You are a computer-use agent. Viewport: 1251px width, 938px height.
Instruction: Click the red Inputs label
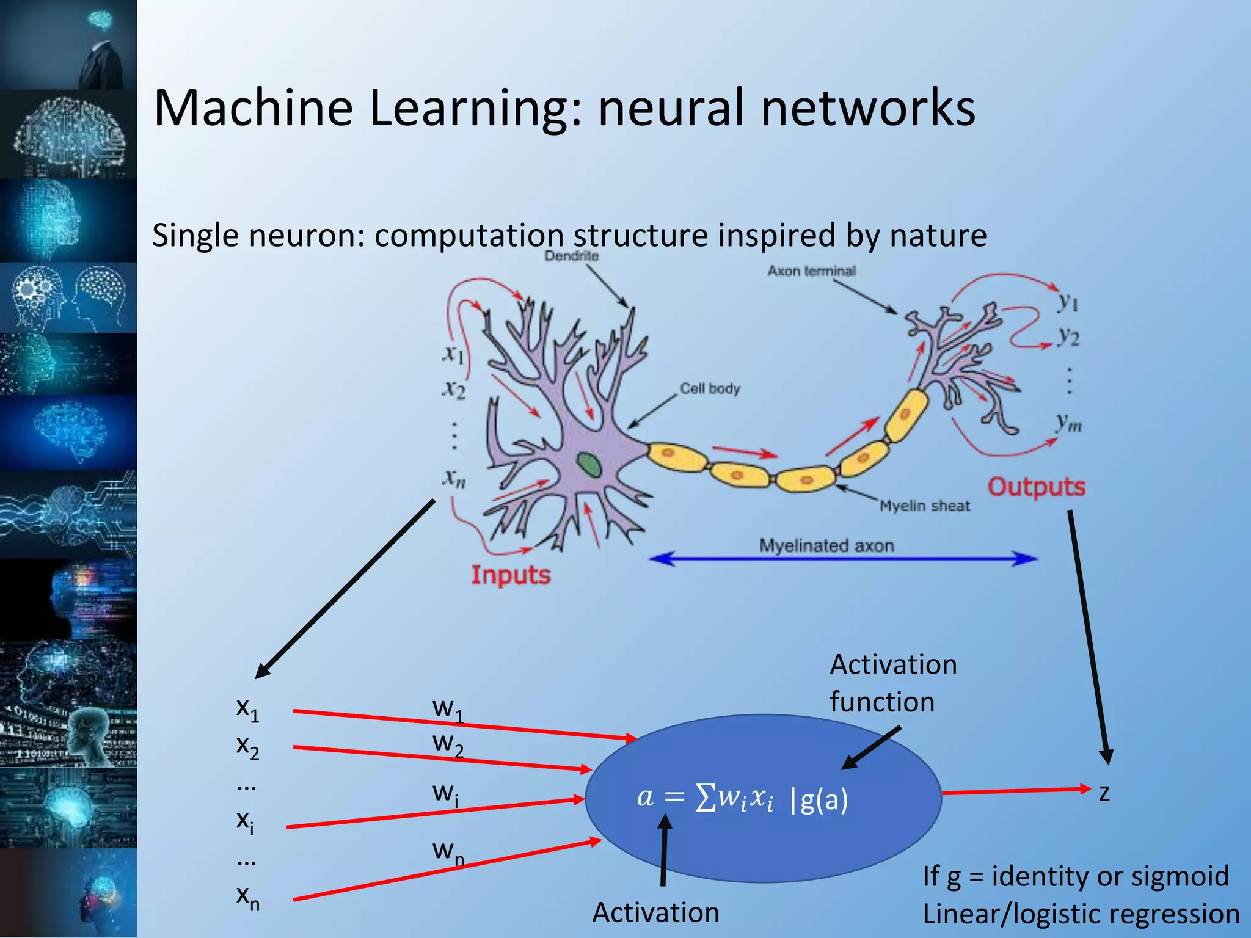click(511, 575)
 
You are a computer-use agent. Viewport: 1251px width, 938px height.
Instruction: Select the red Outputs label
click(1037, 487)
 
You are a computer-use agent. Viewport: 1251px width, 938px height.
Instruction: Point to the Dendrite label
click(571, 256)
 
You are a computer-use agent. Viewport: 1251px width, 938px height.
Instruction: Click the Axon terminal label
click(811, 271)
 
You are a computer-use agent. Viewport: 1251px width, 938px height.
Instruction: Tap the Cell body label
click(710, 388)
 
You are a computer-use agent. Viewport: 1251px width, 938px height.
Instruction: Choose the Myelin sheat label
click(925, 506)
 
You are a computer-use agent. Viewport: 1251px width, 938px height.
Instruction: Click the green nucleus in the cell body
click(589, 465)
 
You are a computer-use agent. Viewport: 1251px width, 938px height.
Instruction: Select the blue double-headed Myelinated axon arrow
click(843, 558)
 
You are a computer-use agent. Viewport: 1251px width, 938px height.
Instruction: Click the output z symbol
click(1104, 793)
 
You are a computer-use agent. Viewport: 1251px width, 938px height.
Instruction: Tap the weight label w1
click(448, 710)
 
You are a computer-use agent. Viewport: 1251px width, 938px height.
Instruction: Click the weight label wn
click(448, 851)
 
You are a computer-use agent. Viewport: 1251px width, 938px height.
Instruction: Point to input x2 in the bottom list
click(247, 746)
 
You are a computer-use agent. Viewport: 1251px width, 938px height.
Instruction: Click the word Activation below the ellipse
click(655, 912)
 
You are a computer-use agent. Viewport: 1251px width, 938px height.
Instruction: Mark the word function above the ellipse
click(882, 702)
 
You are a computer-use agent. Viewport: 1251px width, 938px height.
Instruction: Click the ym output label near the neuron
click(1069, 422)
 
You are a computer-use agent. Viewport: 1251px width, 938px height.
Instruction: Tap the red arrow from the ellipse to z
click(1014, 791)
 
